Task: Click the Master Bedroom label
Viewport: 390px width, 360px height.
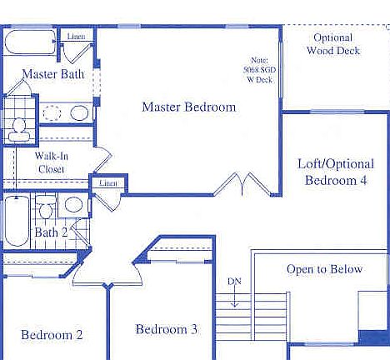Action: (x=188, y=107)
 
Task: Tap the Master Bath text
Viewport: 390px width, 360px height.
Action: (x=52, y=74)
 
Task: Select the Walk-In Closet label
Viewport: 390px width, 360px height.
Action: (x=51, y=162)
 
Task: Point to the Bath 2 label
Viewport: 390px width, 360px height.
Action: (x=51, y=232)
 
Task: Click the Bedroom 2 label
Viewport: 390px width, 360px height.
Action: (x=52, y=335)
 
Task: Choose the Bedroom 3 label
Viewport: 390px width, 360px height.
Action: (x=166, y=329)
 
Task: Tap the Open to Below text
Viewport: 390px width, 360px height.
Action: (x=324, y=269)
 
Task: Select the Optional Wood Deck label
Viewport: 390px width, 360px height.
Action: (x=333, y=44)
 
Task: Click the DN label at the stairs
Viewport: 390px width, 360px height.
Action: (x=235, y=281)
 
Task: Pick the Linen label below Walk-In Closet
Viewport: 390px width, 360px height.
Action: (x=107, y=182)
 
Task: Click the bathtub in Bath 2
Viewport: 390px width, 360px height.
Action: (x=16, y=221)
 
